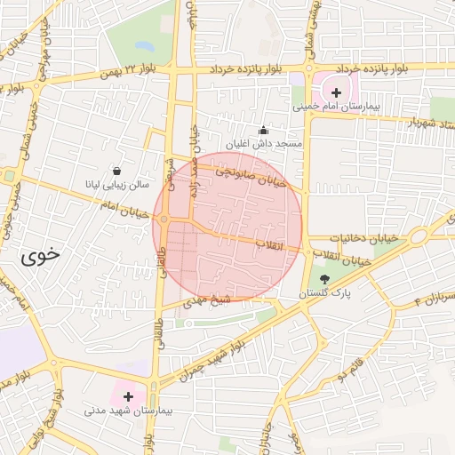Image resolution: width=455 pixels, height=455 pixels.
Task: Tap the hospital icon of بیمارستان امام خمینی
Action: (x=336, y=92)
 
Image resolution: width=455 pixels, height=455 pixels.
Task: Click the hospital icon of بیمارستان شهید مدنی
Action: (x=128, y=396)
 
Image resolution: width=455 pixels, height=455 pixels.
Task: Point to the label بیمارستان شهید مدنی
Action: (x=126, y=411)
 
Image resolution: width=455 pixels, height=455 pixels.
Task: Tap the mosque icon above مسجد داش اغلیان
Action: (x=262, y=130)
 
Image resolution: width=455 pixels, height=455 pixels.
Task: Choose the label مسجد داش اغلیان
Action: (x=263, y=143)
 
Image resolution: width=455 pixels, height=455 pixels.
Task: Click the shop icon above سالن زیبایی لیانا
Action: (x=116, y=171)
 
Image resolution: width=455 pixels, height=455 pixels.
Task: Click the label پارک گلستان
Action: (x=325, y=292)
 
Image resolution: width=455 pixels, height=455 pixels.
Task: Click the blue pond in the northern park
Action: (x=144, y=44)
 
